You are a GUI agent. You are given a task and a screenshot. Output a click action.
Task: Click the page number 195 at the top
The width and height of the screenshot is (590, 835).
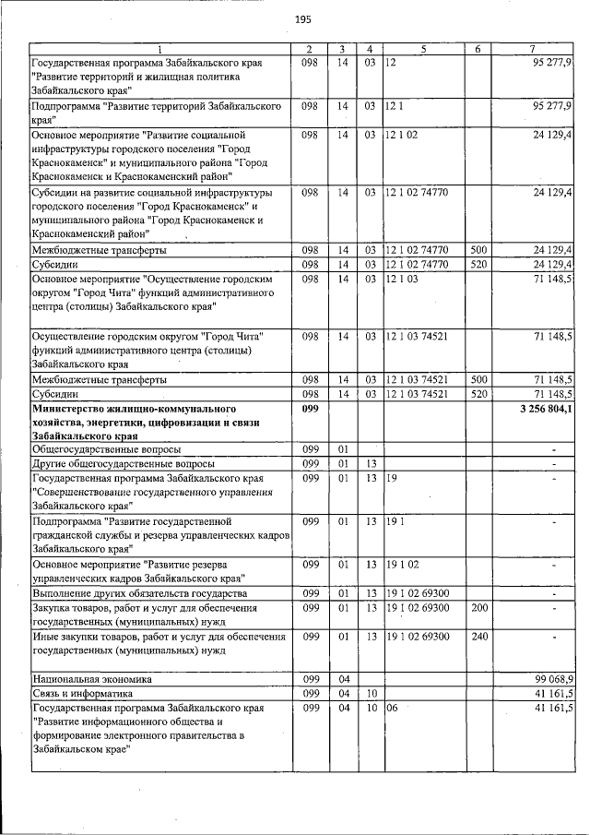point(302,19)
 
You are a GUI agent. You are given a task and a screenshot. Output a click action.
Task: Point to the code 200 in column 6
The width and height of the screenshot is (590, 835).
point(478,608)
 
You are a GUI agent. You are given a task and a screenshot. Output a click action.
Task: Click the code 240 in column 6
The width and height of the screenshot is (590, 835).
point(478,636)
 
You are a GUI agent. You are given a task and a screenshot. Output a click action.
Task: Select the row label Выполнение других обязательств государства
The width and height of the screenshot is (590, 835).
point(139,593)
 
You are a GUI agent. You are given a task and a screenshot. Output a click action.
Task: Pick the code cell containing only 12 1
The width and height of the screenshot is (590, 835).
point(395,107)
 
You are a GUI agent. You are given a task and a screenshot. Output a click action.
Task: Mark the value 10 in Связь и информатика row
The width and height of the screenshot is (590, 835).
point(369,693)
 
